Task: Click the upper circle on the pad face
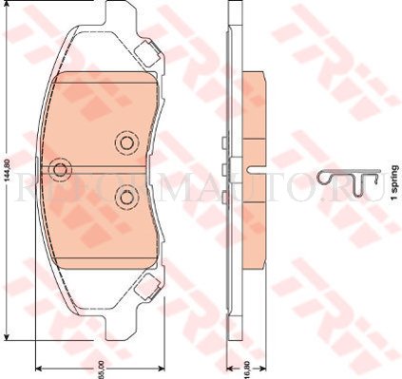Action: [x=124, y=142]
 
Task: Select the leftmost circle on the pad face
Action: [x=61, y=169]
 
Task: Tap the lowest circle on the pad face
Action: [x=124, y=197]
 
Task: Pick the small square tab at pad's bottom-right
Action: [x=146, y=283]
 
